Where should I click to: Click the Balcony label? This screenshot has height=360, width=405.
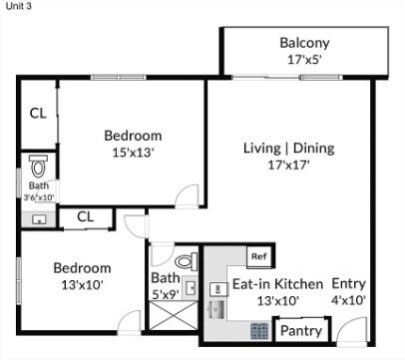point(304,44)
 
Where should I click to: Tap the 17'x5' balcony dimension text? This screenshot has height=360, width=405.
point(304,60)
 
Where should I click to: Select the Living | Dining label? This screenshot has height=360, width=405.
point(288,149)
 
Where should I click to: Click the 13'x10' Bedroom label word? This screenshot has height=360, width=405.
point(82,268)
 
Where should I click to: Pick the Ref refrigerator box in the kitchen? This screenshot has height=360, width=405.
point(258,256)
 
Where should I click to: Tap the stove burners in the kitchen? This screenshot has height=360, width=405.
point(258,328)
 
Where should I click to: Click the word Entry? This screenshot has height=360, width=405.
point(348,282)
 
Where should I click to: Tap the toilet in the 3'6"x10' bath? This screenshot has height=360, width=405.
point(39,165)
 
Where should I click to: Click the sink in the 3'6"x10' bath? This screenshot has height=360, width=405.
point(39,217)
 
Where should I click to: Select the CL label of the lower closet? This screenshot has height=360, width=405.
point(85,215)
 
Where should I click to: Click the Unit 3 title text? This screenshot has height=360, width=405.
point(18,9)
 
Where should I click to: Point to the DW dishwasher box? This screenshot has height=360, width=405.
point(216,288)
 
